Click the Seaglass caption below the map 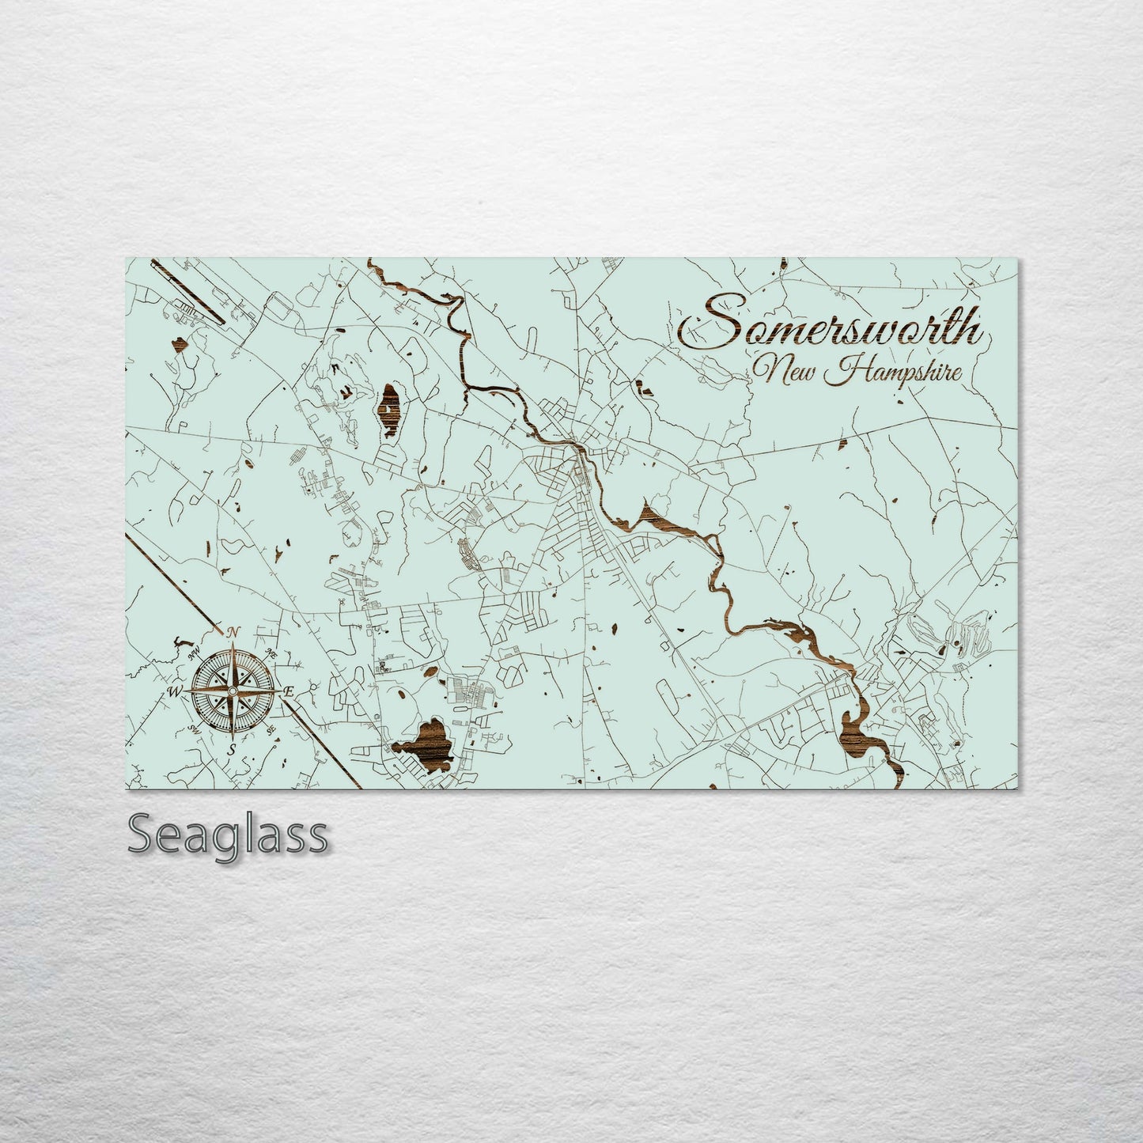(228, 835)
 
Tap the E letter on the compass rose (289, 691)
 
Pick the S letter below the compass (232, 748)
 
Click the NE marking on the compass (271, 653)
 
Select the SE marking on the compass (271, 729)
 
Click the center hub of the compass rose (232, 691)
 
